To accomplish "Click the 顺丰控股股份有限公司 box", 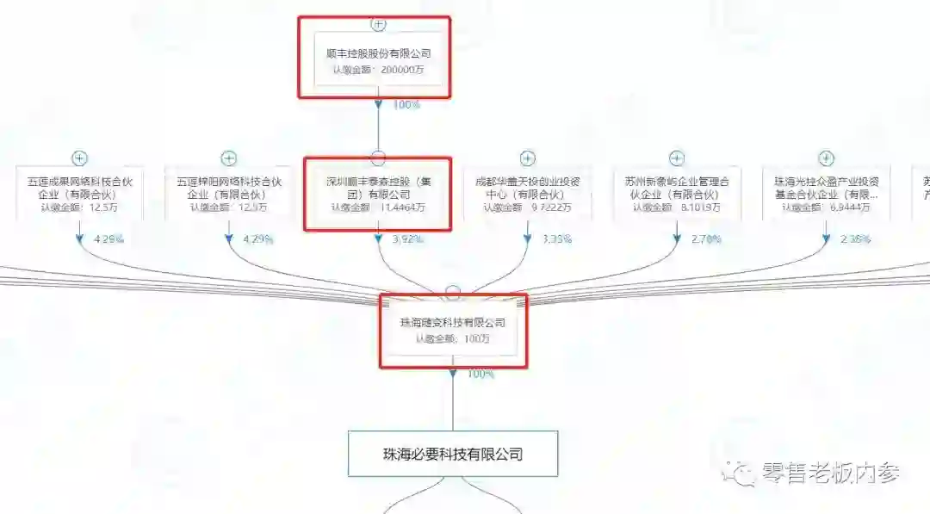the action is (x=379, y=59).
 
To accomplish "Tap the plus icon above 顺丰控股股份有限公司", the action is (x=378, y=24).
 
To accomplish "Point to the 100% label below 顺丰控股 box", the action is (x=406, y=105).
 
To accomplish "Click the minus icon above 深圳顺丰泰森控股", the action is (x=378, y=158).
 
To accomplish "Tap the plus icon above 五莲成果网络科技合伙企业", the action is (x=80, y=158).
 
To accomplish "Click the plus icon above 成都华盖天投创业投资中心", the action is (x=528, y=158).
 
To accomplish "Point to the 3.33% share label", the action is (x=558, y=239).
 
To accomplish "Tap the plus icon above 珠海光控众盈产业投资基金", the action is (x=826, y=158).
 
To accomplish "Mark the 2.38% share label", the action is (x=856, y=239).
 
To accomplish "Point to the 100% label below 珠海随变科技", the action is (x=480, y=375).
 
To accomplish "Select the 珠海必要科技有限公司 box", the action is (x=453, y=454).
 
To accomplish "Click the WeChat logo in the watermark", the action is (x=738, y=473).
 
